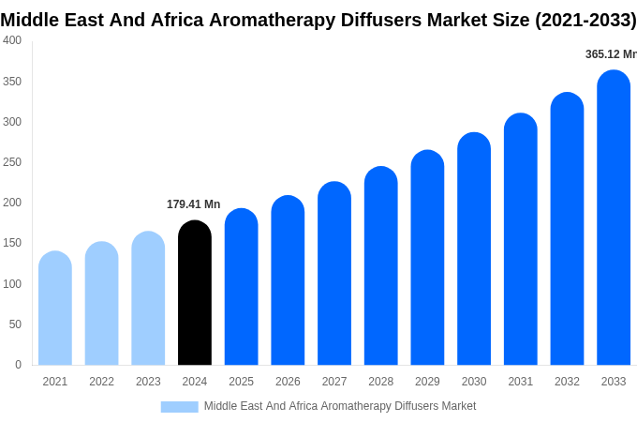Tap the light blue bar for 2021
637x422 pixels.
55,309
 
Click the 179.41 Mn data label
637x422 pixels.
193,204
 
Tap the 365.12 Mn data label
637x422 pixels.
611,54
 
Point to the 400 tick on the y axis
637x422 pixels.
12,40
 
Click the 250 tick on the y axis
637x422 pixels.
12,162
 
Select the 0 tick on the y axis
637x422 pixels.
18,365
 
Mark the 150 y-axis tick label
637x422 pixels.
12,243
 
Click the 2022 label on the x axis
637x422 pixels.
101,382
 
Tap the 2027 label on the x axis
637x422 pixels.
334,382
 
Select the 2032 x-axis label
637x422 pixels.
567,382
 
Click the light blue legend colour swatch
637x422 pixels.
179,407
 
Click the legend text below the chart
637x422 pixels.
340,406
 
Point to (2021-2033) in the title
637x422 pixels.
585,20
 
